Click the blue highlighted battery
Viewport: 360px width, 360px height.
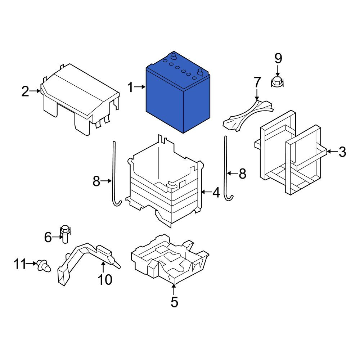coord(178,94)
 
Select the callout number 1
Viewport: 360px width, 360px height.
coord(130,88)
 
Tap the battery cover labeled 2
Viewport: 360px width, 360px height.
coord(80,99)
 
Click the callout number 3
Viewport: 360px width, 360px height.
coord(342,152)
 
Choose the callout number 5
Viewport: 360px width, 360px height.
coord(175,302)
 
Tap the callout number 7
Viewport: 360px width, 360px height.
coord(257,82)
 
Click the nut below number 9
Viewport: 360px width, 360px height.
coord(277,82)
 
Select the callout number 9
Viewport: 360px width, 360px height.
coord(278,58)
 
